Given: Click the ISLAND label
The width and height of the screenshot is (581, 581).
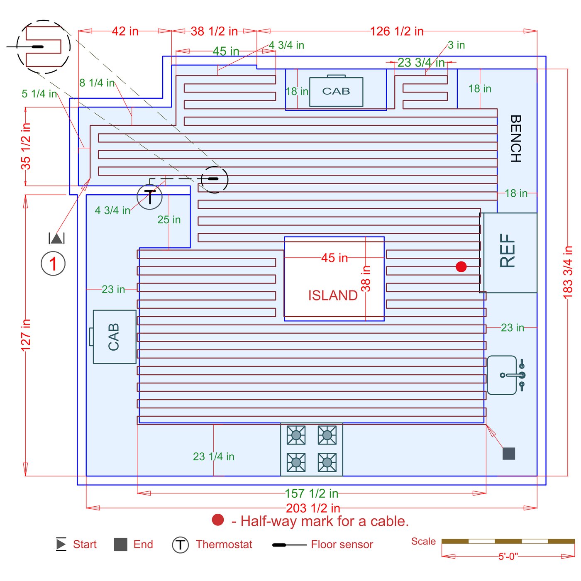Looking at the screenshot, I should (333, 295).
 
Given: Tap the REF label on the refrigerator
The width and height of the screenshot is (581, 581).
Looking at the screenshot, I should (508, 251).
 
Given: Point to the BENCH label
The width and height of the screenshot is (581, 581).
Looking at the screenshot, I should (515, 139).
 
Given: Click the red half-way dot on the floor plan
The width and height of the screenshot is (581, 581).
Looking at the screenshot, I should (461, 267).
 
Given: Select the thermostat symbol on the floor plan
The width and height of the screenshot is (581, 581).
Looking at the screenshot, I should (149, 197).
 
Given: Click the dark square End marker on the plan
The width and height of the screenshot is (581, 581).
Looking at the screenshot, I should (509, 454).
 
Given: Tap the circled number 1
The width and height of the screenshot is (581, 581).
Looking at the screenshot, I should (53, 264).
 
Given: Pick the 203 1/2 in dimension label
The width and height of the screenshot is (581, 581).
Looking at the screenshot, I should (313, 508).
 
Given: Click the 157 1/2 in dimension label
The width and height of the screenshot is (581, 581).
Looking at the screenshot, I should (311, 493).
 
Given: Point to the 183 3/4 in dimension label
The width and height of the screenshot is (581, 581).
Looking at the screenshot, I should (568, 272).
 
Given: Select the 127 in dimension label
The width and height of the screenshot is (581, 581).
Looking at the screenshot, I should (26, 334).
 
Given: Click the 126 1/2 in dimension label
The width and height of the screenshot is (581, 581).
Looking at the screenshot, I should (397, 32).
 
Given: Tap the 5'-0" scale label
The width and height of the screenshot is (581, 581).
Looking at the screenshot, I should (508, 557).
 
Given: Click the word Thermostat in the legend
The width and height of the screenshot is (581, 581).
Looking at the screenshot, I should (224, 544).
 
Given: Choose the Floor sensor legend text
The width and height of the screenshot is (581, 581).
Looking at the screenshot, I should (342, 544).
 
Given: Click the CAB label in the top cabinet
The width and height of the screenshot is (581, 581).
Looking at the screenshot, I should (336, 91).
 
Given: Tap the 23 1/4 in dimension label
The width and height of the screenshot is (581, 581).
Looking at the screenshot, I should (214, 456).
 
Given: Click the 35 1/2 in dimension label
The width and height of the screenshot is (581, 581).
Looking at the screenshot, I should (26, 146).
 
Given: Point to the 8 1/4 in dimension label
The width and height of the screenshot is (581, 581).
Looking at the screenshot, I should (97, 83).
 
